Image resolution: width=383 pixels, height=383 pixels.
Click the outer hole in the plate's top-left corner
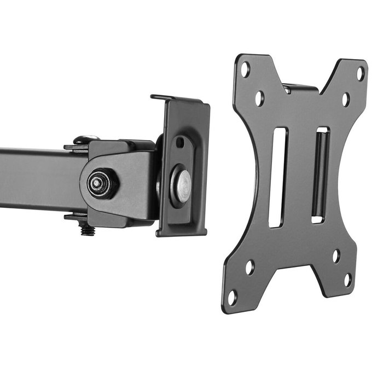point(245,69)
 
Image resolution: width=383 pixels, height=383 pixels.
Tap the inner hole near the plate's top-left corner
point(259,98)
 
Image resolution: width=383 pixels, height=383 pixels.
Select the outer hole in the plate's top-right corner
point(360,73)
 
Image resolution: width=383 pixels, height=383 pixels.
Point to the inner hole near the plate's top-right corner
point(346,99)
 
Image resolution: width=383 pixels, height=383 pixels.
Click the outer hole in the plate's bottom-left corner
point(232,298)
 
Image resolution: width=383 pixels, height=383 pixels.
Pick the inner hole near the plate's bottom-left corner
point(249,268)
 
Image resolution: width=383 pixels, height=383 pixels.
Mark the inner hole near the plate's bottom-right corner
point(336,256)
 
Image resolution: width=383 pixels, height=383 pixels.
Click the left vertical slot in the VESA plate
point(278,177)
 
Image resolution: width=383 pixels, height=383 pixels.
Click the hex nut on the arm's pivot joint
point(101,183)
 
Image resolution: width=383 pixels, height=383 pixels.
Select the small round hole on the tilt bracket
point(179,142)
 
